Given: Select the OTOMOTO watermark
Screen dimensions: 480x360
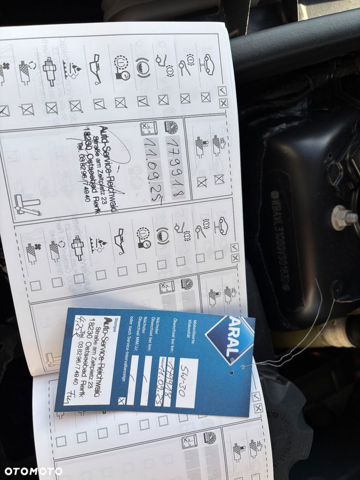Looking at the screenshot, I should pyautogui.click(x=31, y=471).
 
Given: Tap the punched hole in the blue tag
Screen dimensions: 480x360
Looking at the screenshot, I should pyautogui.click(x=230, y=371).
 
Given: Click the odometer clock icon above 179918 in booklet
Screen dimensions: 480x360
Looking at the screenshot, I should pyautogui.click(x=171, y=127).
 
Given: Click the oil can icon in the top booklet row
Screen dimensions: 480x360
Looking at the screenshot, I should pyautogui.click(x=96, y=67).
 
